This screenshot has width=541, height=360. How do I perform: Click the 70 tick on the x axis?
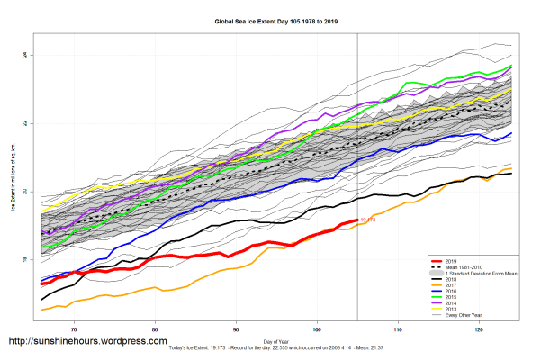pyautogui.click(x=74, y=329)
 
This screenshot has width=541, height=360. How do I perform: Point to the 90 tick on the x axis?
pyautogui.click(x=236, y=329)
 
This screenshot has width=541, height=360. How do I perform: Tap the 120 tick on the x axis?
pyautogui.click(x=479, y=329)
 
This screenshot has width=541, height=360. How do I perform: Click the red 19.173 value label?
pyautogui.click(x=367, y=220)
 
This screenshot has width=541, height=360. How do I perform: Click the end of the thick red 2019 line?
pyautogui.click(x=357, y=220)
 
